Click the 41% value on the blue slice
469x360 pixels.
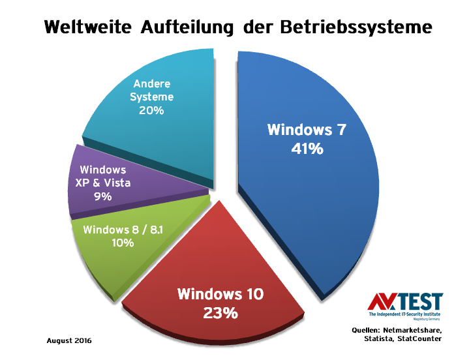307,149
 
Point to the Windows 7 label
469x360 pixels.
307,129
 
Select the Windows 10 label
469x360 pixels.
220,294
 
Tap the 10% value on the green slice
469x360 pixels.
123,243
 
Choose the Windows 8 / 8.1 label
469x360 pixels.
122,230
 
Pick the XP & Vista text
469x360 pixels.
102,183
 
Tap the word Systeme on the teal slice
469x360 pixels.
153,97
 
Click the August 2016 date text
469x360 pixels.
69,340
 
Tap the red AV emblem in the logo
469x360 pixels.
380,302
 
